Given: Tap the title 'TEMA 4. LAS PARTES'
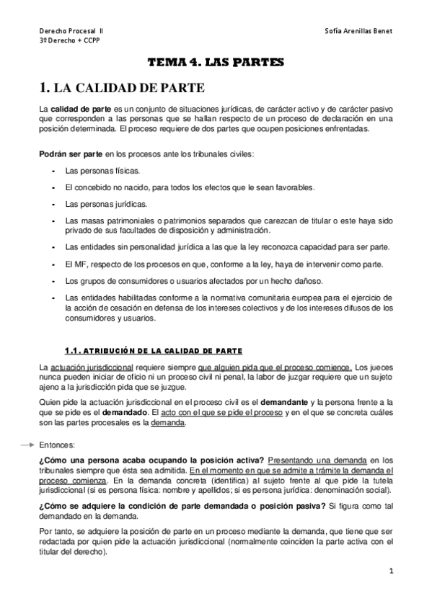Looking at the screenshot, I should click(x=216, y=63).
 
